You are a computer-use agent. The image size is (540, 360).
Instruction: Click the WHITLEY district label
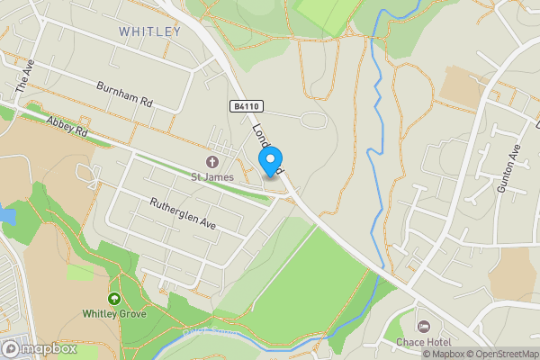[149, 32]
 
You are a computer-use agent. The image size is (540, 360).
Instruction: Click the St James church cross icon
[212, 163]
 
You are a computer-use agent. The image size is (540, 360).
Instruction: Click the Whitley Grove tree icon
[114, 299]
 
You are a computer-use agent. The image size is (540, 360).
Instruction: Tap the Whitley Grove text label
[114, 314]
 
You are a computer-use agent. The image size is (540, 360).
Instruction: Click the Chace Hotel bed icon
[424, 325]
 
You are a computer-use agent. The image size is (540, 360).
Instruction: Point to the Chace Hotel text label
[422, 342]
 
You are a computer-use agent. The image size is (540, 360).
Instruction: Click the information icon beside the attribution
[406, 354]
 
